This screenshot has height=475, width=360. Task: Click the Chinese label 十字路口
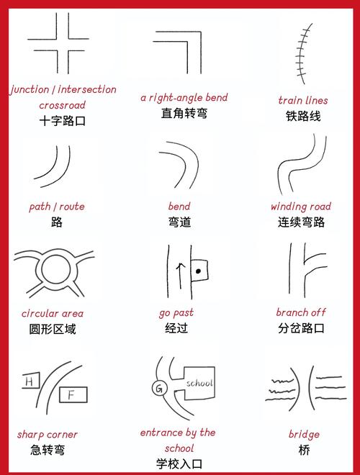point(63,121)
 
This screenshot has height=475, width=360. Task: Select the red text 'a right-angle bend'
point(184,97)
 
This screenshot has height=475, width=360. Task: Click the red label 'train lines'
point(302,100)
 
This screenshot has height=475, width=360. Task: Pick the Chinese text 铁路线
point(302,116)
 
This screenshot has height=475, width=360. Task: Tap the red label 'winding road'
point(301,207)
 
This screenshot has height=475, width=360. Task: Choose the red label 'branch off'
point(301,312)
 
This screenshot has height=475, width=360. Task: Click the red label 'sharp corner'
point(48,435)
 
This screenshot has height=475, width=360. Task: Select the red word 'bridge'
point(304,435)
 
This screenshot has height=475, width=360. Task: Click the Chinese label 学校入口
point(179,463)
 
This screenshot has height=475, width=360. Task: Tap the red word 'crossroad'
point(63,105)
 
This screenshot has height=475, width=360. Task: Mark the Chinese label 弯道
point(179,222)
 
